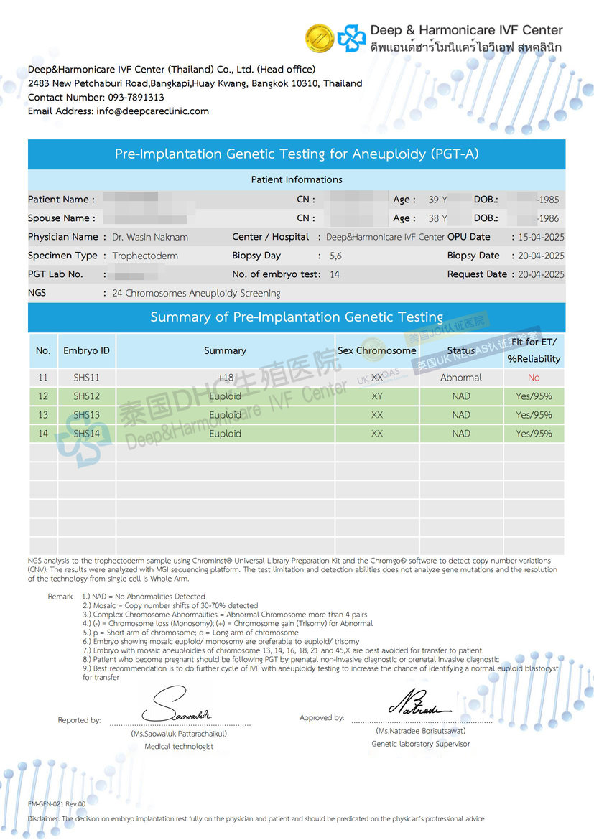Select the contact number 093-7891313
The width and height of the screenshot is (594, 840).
136,98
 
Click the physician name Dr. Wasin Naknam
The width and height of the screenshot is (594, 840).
151,237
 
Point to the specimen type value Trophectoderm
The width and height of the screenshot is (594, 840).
145,256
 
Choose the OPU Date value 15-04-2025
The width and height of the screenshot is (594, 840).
537,237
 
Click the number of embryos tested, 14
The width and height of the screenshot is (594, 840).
335,274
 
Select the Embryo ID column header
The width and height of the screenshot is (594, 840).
86,350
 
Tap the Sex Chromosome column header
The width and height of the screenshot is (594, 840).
376,350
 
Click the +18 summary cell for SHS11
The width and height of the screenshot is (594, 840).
226,378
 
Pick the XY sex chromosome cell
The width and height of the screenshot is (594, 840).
377,396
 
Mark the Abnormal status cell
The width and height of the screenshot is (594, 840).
461,378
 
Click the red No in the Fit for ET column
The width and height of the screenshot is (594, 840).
534,378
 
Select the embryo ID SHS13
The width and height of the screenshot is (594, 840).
86,415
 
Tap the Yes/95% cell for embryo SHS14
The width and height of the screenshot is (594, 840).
534,434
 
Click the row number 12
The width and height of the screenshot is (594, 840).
43,396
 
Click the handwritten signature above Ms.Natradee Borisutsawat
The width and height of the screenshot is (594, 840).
419,701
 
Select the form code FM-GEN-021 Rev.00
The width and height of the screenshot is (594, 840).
57,803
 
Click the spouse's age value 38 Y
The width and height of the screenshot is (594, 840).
437,218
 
